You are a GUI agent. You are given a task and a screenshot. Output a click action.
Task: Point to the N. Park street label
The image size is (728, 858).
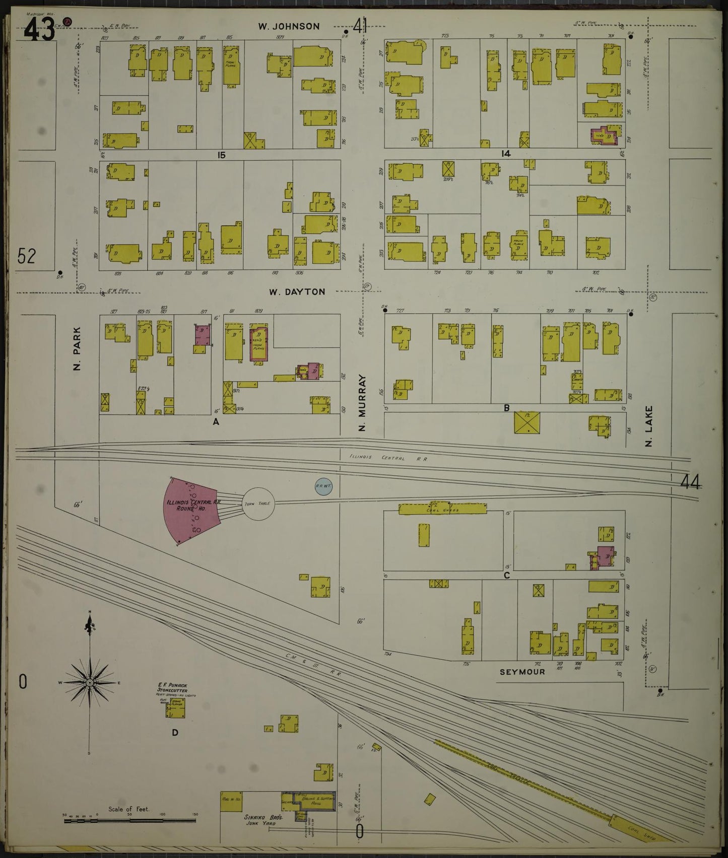[77, 354]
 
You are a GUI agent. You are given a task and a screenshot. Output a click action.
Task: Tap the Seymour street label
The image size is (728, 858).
[522, 672]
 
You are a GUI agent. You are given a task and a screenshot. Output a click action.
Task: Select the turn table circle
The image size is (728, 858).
[258, 504]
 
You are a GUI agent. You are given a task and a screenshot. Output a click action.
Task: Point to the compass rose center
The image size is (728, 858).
[90, 682]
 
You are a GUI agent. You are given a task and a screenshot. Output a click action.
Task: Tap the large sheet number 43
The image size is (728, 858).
[39, 32]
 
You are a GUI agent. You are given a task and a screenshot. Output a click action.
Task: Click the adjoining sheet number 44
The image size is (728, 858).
[690, 482]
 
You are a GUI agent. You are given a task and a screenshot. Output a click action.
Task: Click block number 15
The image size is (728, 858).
[221, 155]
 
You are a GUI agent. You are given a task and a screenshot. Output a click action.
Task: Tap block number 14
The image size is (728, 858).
[505, 154]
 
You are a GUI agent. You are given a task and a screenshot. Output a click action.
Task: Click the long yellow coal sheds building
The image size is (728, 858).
[442, 510]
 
